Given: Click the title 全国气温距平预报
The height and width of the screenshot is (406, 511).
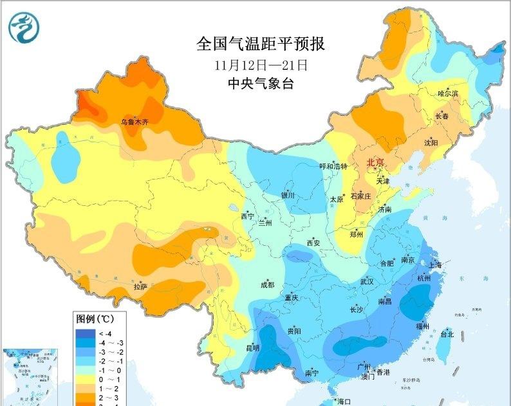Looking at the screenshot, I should pyautogui.click(x=260, y=44).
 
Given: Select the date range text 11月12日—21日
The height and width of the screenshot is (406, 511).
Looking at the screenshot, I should pyautogui.click(x=260, y=65).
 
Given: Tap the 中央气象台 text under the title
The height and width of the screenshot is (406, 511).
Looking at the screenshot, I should pyautogui.click(x=260, y=83).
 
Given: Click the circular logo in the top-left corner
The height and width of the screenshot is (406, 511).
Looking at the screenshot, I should pyautogui.click(x=24, y=27).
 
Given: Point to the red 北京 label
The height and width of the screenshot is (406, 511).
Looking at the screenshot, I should pyautogui.click(x=375, y=162).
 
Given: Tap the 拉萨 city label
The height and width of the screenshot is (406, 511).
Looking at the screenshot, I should pyautogui.click(x=141, y=286).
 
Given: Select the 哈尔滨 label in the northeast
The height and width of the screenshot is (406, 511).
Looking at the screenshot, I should pyautogui.click(x=448, y=94).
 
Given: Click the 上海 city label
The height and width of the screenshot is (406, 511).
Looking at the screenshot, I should pyautogui.click(x=435, y=264).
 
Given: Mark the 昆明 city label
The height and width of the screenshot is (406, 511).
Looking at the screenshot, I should pyautogui.click(x=252, y=348).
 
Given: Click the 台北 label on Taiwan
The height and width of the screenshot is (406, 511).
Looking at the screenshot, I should pyautogui.click(x=447, y=335).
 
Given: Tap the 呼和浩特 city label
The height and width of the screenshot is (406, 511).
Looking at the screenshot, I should pyautogui.click(x=333, y=166).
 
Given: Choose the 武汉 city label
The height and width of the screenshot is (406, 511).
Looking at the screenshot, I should pyautogui.click(x=367, y=281).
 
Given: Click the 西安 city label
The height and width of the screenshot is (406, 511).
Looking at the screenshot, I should pyautogui.click(x=313, y=243).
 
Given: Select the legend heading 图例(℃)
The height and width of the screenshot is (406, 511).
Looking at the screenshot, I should pyautogui.click(x=95, y=318).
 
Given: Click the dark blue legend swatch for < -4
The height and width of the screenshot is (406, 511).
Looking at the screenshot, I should pyautogui.click(x=84, y=333).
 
